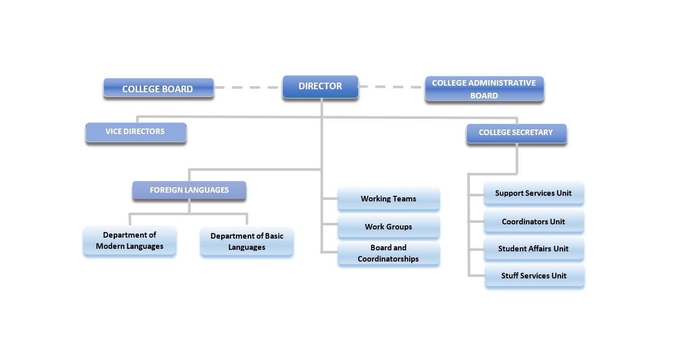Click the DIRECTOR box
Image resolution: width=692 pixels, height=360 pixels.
(321, 87)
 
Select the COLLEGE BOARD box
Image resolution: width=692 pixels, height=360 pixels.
(158, 88)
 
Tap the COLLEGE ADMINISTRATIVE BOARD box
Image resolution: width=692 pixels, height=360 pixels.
(485, 89)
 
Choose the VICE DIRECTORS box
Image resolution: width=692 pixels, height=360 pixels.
(136, 133)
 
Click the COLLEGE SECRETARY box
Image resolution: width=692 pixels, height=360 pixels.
(517, 134)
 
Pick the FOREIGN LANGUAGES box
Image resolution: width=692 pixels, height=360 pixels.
(189, 190)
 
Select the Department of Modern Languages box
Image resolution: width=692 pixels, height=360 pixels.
(130, 241)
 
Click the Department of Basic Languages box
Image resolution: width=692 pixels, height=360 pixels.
(247, 242)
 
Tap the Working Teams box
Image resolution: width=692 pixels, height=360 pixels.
(389, 199)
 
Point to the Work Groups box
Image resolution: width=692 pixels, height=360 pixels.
(389, 226)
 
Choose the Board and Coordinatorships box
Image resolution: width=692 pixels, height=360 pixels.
(389, 253)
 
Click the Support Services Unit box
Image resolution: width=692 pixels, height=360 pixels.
(534, 193)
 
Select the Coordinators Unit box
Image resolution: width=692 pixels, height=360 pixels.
(534, 221)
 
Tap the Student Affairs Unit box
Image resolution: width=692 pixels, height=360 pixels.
(534, 248)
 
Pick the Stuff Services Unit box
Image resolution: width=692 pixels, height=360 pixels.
(535, 276)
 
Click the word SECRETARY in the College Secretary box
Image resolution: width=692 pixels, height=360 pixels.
(531, 133)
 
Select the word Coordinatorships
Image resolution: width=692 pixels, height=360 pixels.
(388, 259)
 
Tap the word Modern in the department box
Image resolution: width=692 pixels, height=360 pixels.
(110, 246)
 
